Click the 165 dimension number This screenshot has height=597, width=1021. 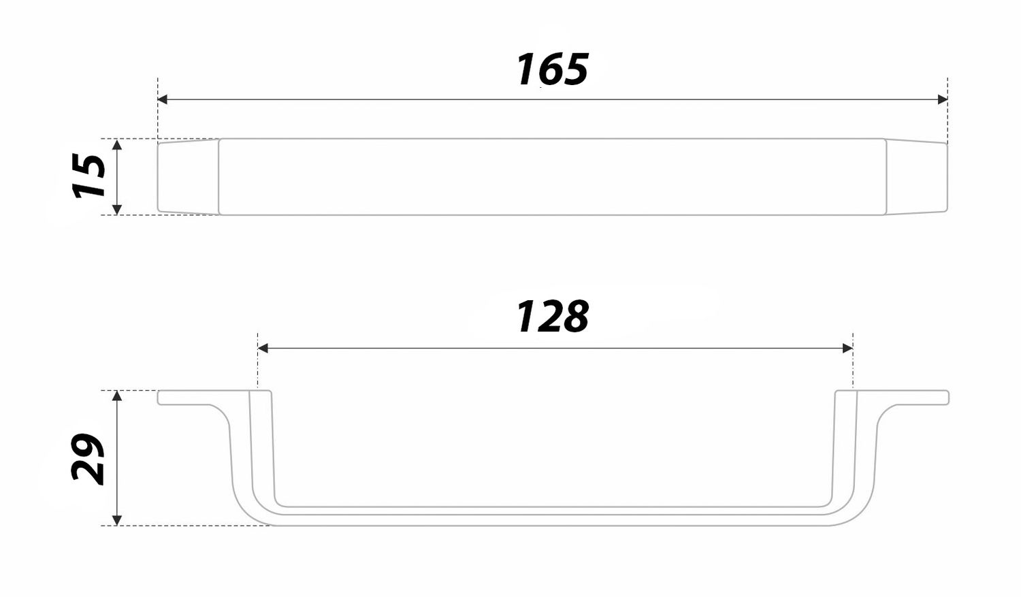coord(552,69)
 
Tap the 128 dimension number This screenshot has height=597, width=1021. coord(553,317)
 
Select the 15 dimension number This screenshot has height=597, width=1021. coord(89,176)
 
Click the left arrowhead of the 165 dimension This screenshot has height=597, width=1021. coord(162,99)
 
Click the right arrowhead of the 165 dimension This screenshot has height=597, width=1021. coord(943,99)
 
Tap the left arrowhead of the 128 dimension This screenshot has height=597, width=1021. coord(263,349)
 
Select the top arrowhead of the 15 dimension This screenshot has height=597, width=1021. coord(117,144)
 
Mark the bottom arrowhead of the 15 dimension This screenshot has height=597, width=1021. coord(117,209)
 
